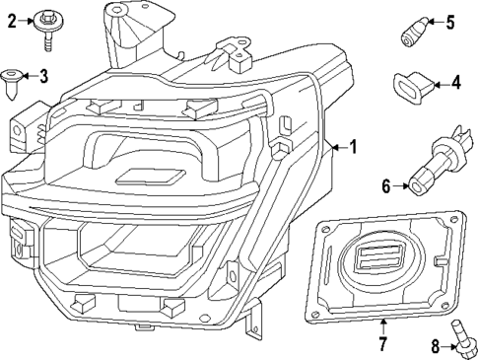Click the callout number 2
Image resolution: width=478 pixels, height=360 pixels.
(x=13, y=19)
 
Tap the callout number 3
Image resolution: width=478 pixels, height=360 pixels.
(x=42, y=75)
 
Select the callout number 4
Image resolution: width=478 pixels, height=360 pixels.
(x=454, y=84)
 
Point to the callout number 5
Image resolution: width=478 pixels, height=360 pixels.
(x=449, y=23)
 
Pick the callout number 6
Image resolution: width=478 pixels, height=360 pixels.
(x=386, y=184)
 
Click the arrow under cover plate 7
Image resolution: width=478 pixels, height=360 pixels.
(x=381, y=327)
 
